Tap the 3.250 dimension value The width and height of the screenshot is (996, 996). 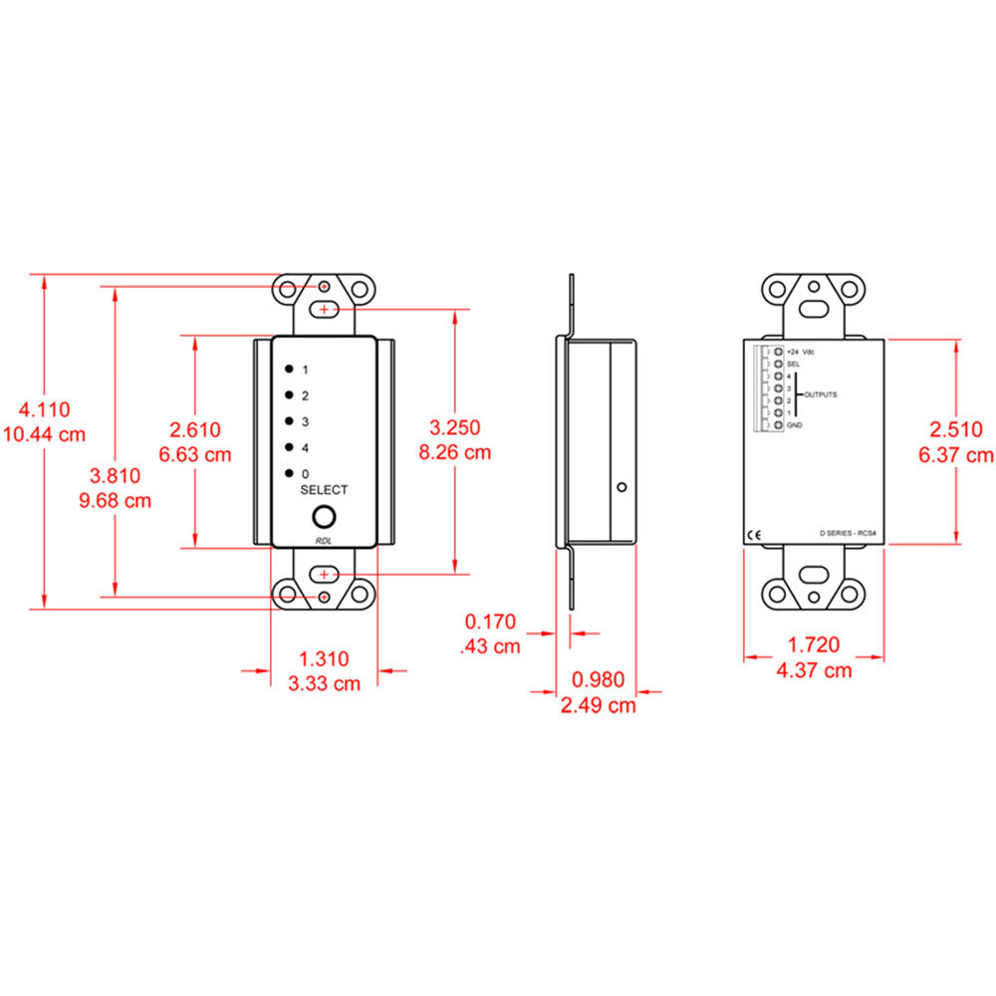point(454,427)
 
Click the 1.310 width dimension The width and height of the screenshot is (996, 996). point(325,658)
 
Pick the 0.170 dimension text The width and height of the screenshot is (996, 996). point(491,622)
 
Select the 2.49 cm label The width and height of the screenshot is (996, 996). point(597,705)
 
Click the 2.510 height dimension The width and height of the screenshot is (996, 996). point(955,430)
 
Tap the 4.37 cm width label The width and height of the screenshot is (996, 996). point(814,670)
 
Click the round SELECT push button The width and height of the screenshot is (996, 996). point(324,517)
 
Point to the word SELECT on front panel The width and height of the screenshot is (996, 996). point(324,490)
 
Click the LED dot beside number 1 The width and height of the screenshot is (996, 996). point(287,369)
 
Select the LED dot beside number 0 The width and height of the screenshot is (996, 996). point(287,472)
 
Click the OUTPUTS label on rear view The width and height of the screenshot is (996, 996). point(822,394)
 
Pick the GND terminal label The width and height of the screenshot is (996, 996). point(794,425)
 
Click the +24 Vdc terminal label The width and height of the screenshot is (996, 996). point(800,353)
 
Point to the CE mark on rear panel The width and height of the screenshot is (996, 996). point(754,533)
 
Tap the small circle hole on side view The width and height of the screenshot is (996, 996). point(621,488)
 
